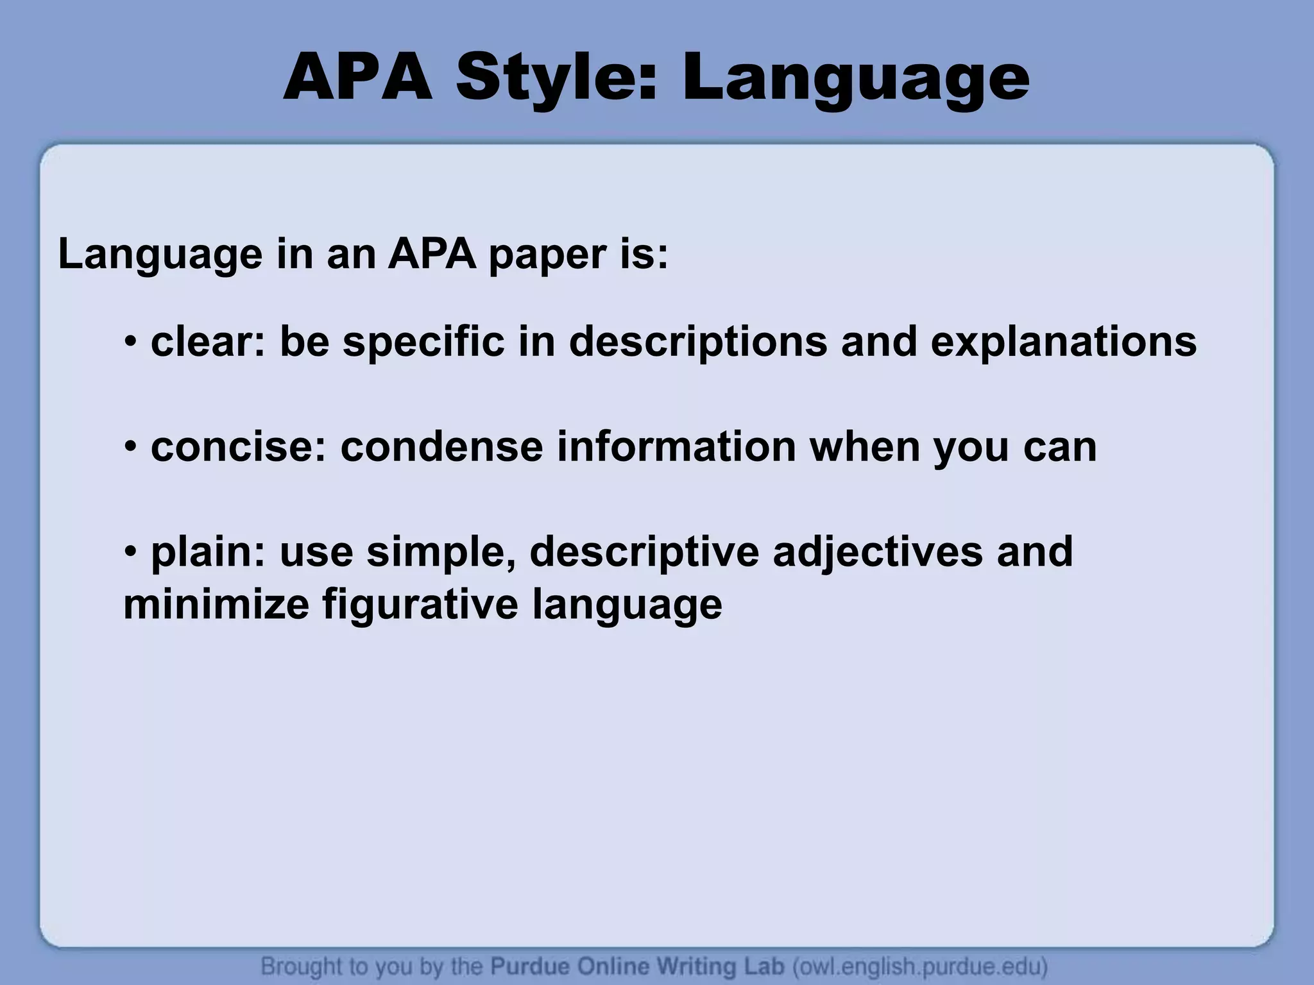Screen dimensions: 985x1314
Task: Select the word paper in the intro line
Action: [x=546, y=255]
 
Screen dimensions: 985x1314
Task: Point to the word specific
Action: [x=423, y=342]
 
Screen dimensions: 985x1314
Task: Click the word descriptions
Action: [x=698, y=342]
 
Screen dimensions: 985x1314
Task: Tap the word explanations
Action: [x=1063, y=342]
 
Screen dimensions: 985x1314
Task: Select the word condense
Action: [x=441, y=447]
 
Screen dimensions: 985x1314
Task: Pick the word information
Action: [x=676, y=447]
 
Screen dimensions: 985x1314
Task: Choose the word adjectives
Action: [x=877, y=551]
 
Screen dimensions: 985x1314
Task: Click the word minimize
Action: [x=216, y=604]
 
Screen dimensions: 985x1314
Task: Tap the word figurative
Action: [x=420, y=604]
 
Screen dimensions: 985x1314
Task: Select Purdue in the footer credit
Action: [x=531, y=966]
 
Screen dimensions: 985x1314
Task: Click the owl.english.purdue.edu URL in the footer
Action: [x=921, y=966]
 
